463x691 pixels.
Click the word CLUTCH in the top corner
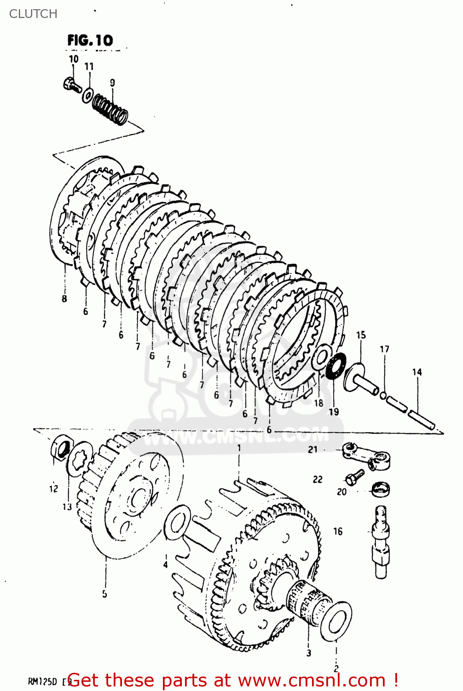[33, 14]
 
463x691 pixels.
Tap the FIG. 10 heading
[90, 41]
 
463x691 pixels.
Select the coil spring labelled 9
[110, 109]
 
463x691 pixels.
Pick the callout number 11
[89, 66]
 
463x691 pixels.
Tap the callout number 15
[361, 335]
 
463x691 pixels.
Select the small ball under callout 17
[383, 395]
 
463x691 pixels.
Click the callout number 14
[417, 372]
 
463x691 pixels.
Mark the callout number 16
[338, 531]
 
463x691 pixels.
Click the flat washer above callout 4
[177, 522]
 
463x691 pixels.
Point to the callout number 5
[104, 593]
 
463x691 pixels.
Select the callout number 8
[64, 299]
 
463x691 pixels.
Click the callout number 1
[239, 447]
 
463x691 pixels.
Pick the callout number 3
[309, 652]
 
